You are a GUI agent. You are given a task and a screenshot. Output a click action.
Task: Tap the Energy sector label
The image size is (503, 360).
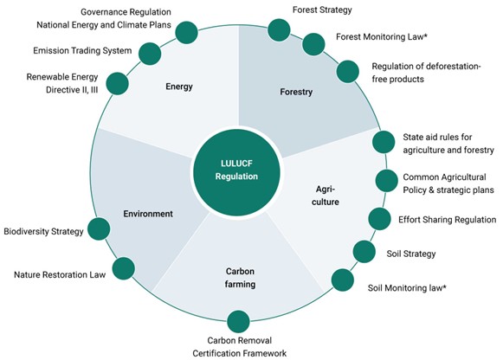[x=179, y=87]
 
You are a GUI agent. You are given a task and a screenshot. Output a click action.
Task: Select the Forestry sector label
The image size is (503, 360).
[x=296, y=92]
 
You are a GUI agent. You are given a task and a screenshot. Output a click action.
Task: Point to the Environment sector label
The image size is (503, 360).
[x=148, y=214]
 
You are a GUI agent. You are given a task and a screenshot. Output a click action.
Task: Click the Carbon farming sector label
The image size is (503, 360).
[x=240, y=278]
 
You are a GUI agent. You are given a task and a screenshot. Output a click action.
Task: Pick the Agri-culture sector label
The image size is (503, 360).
[x=326, y=196]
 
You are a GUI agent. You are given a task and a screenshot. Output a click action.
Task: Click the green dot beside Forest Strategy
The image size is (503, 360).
[x=279, y=30]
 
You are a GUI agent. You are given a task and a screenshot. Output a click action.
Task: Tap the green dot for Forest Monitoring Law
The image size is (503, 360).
[x=313, y=44]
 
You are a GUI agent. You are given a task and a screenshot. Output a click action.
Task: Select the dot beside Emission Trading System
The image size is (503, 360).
[x=150, y=54]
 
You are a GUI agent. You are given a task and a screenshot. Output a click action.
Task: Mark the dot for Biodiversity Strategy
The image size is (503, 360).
[x=99, y=228]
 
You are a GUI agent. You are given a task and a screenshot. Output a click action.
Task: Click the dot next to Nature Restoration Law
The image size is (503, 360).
[x=124, y=268]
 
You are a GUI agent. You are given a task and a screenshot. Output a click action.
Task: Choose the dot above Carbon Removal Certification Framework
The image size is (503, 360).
[x=238, y=322]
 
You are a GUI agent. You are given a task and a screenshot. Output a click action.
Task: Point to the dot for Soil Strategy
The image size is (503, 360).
[x=364, y=252]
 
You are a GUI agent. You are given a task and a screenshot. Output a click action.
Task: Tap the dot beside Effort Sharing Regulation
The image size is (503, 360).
[x=380, y=219]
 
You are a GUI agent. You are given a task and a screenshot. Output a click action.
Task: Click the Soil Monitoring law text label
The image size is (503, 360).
[x=407, y=288]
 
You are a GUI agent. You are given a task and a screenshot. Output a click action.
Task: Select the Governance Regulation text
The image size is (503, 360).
[x=126, y=12]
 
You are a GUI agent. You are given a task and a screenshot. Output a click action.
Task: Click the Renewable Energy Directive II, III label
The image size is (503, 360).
[x=62, y=83]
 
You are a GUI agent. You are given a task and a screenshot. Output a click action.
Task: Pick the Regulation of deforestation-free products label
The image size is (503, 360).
[x=426, y=73]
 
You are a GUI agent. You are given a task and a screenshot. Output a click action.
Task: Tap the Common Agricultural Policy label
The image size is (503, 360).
[x=448, y=183]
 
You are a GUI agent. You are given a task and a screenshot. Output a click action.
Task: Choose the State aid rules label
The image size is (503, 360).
[x=448, y=144]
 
